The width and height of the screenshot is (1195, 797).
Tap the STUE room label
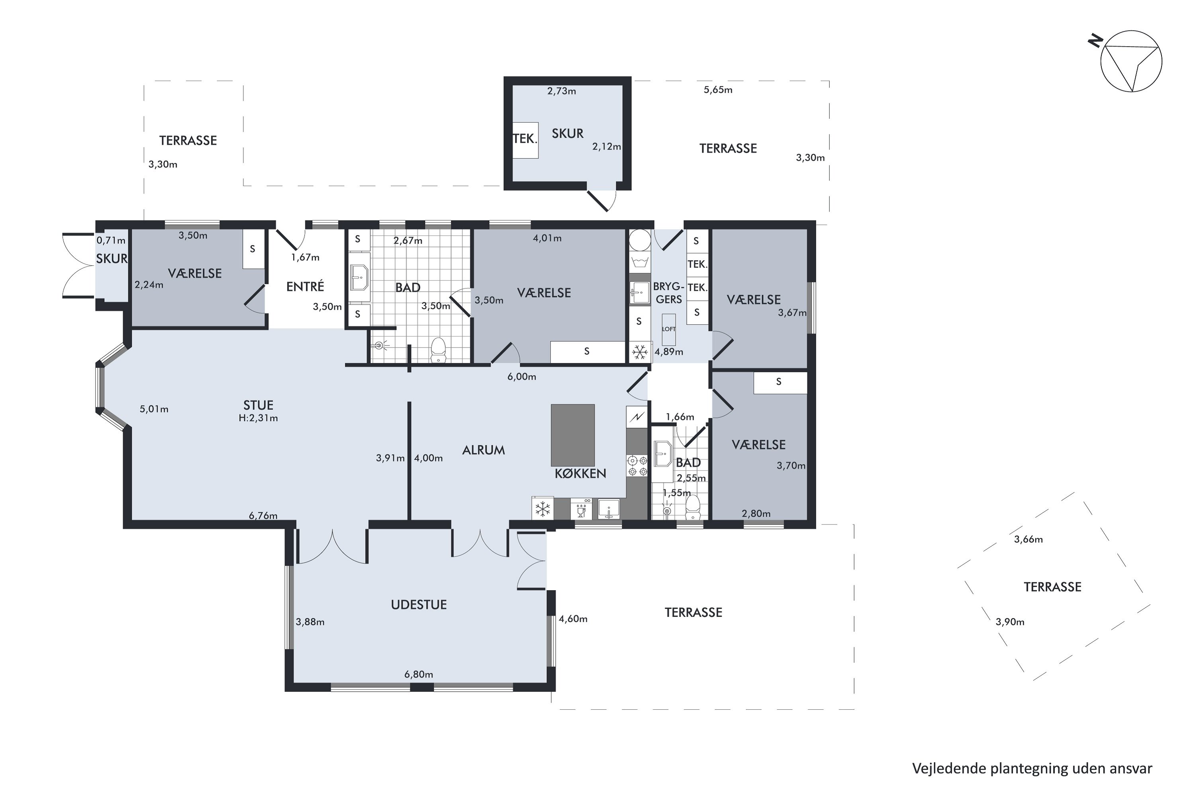(x=258, y=405)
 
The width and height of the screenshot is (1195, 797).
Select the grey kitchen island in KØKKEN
(x=573, y=435)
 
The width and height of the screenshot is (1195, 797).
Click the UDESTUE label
(x=419, y=605)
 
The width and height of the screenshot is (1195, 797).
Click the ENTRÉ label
(x=305, y=286)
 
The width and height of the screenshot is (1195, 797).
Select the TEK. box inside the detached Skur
(x=525, y=140)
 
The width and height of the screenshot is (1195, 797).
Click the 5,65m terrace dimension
(x=718, y=90)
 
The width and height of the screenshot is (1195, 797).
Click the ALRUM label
(x=483, y=450)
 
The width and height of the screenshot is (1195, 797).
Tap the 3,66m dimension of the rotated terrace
(x=1028, y=539)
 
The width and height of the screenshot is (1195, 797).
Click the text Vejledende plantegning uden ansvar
(x=1032, y=768)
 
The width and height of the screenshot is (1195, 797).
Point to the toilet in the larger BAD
(x=438, y=350)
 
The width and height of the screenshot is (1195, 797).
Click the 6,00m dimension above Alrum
(x=522, y=377)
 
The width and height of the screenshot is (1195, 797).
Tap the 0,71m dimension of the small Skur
(x=111, y=240)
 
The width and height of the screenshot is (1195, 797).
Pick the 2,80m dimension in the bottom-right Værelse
(x=756, y=513)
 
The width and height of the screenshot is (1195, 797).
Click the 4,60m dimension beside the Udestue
(x=573, y=618)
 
